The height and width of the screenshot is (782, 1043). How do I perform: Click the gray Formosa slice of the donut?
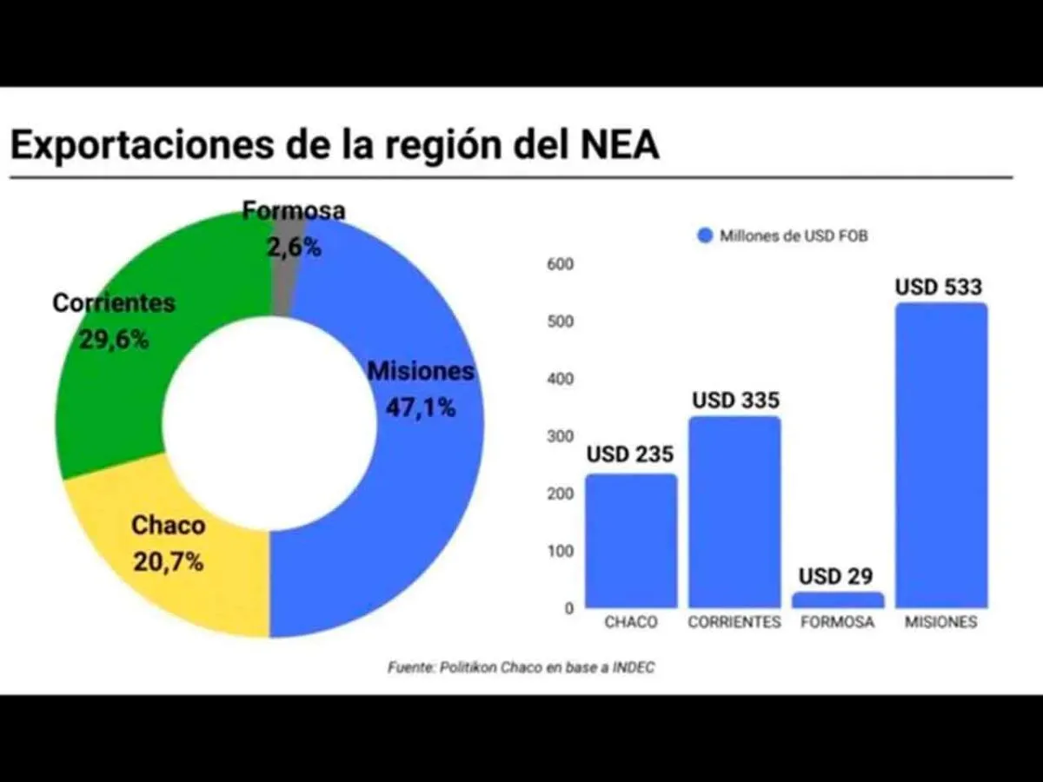click(x=280, y=274)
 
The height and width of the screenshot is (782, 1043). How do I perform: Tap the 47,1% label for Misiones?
click(x=421, y=408)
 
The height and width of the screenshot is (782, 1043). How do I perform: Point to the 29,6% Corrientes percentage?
click(x=114, y=339)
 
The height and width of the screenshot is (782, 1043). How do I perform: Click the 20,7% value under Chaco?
click(x=169, y=561)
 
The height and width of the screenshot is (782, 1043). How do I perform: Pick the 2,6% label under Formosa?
click(x=294, y=248)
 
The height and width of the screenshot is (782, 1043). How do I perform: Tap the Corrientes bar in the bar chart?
click(x=734, y=512)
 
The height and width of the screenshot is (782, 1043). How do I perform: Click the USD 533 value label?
click(x=940, y=287)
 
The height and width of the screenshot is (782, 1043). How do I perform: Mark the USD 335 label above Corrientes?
click(x=735, y=401)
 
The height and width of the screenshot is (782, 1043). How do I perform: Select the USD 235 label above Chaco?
click(x=629, y=454)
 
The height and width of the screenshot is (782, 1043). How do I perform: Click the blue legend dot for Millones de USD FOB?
click(x=705, y=235)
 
